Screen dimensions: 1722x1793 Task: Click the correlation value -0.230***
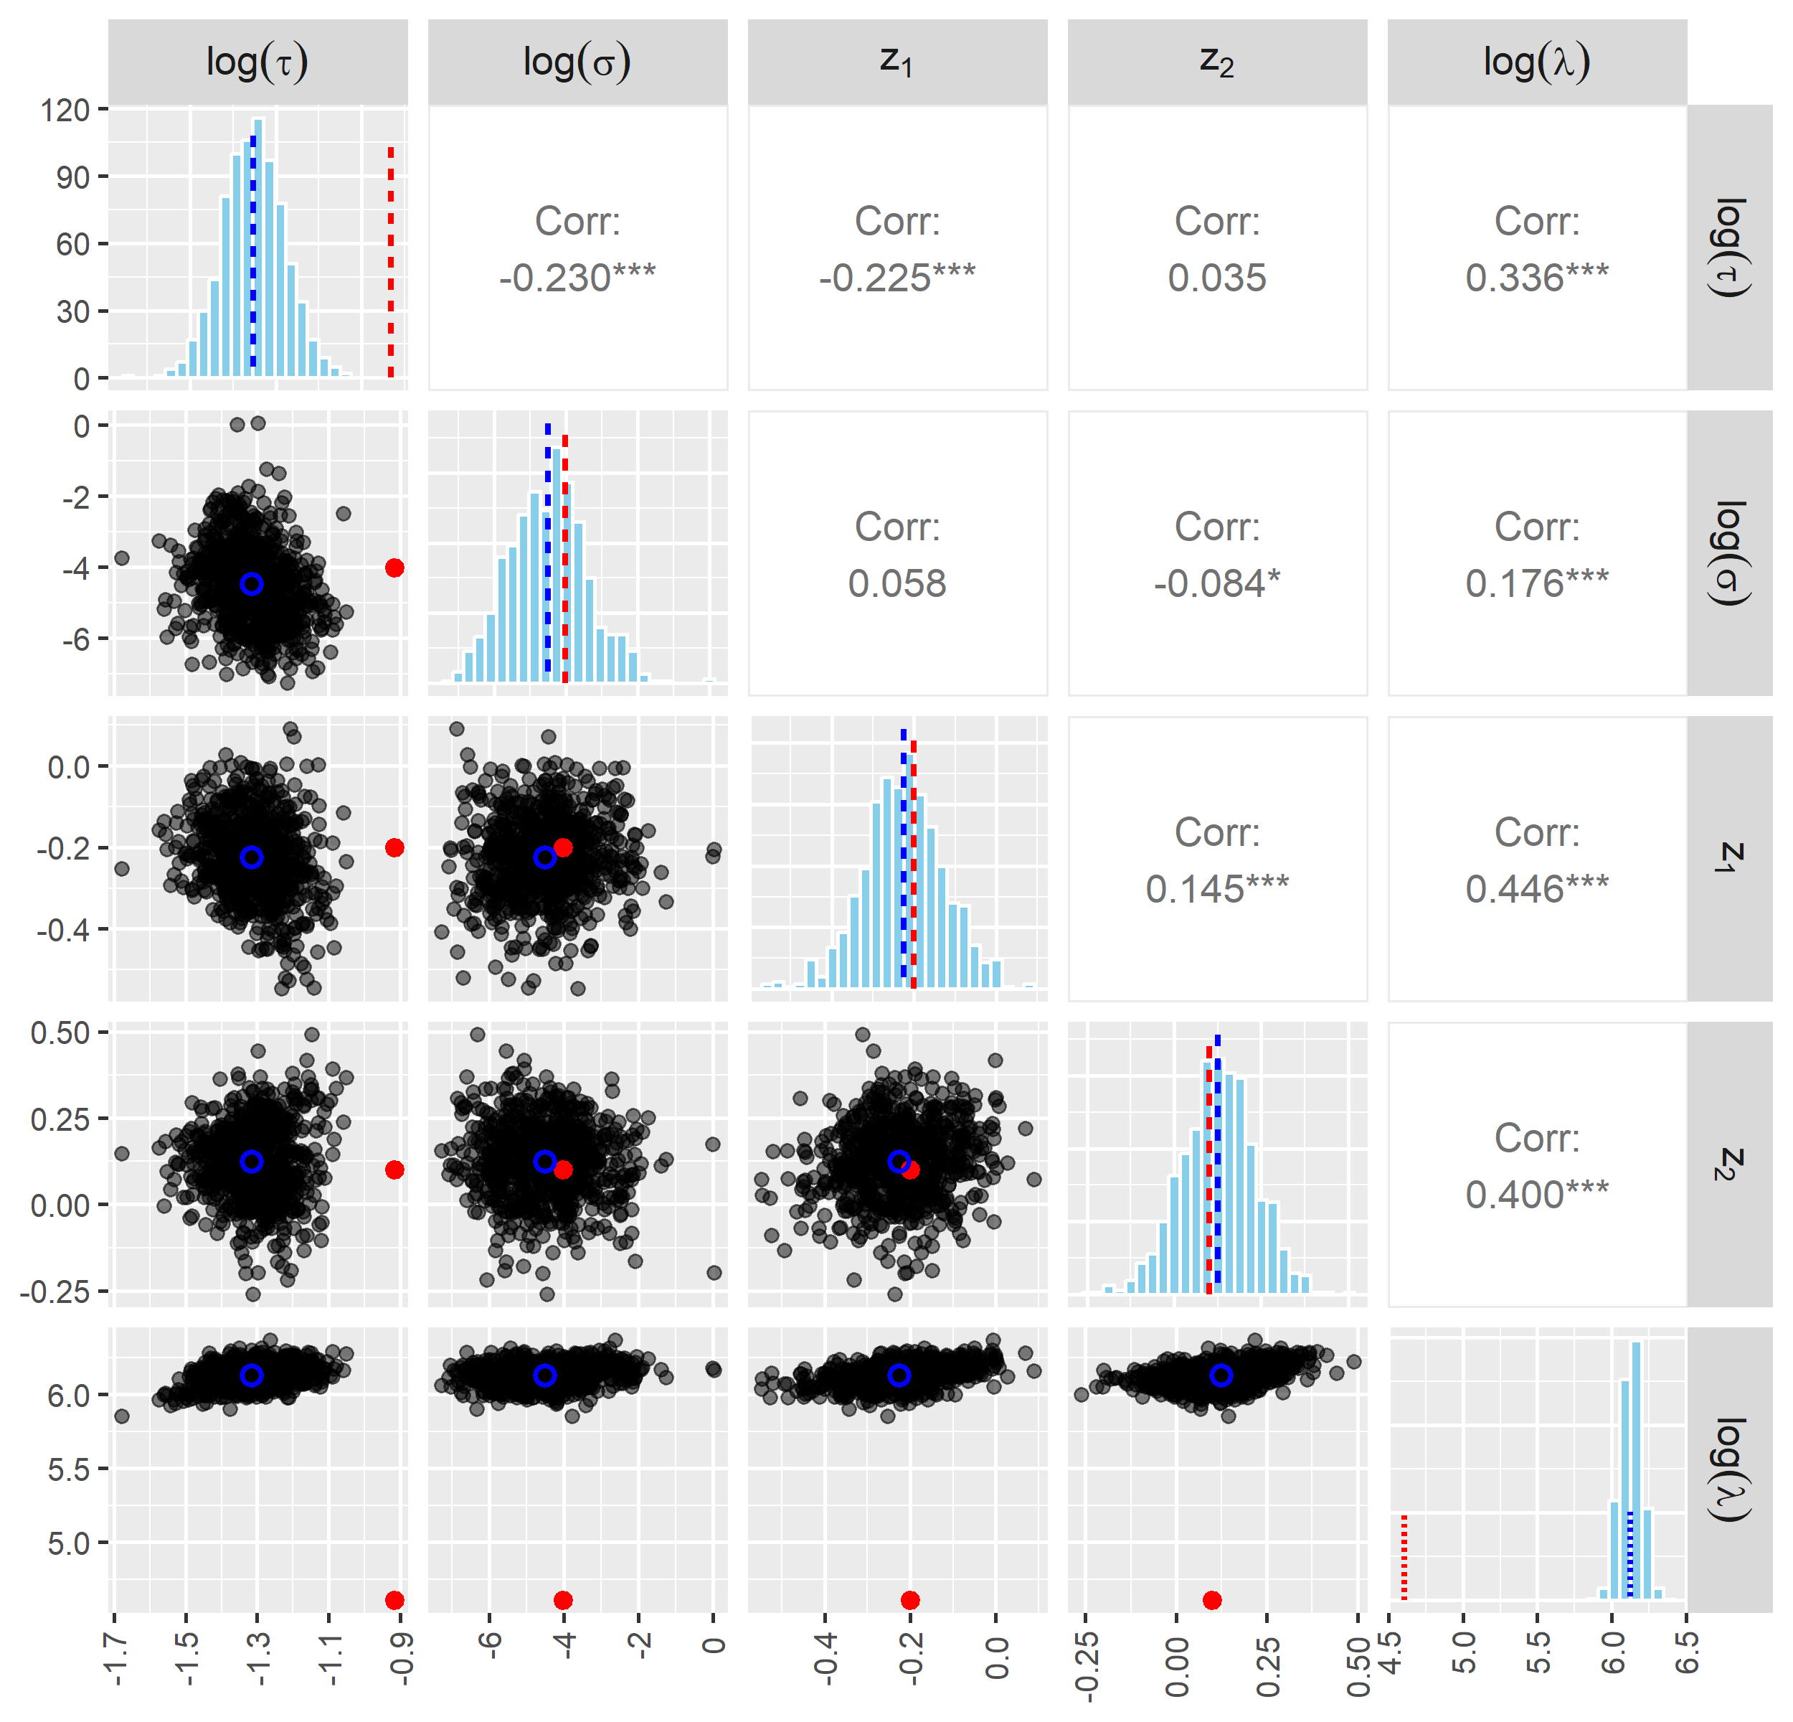coord(577,277)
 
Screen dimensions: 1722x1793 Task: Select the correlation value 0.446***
coord(1537,888)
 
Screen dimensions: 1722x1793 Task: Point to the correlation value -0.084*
coord(1216,583)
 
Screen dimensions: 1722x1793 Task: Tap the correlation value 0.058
coord(896,583)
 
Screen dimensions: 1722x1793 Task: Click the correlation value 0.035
coord(1216,277)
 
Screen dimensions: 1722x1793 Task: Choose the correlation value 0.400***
coord(1537,1194)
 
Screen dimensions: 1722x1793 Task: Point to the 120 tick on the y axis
coord(66,110)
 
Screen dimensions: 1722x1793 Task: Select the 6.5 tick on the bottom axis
coord(1686,1652)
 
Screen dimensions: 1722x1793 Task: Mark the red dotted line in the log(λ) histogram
coord(1404,1556)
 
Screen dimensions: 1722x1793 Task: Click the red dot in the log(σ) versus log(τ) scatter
coord(394,568)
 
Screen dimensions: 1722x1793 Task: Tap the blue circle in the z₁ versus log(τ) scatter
coord(252,857)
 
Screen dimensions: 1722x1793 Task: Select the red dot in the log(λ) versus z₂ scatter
coord(1212,1599)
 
